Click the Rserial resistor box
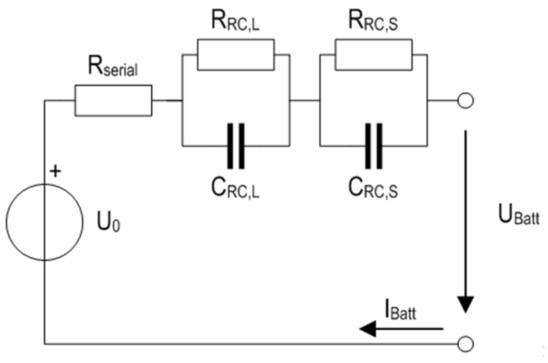113,101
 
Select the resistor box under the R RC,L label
236,55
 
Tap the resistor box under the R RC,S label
374,55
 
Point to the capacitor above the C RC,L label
236,146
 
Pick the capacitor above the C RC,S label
374,146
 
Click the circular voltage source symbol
45,222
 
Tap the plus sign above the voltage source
55,171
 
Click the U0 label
108,222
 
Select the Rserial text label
113,67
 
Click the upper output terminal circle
465,101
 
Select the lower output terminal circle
465,344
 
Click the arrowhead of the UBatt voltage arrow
466,304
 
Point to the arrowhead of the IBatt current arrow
368,329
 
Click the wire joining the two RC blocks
305,101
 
